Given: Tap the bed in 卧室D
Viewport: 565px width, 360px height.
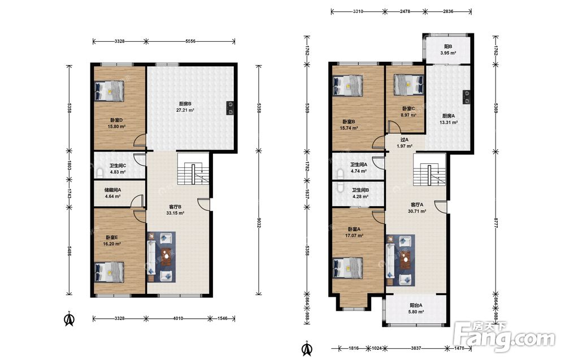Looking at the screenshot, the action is (x=110, y=90).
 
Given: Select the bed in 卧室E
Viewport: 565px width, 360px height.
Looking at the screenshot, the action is (x=110, y=272).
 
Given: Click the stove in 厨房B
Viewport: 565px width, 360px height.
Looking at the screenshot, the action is (x=229, y=108).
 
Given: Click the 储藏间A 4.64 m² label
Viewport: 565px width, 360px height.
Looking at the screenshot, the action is (x=113, y=193).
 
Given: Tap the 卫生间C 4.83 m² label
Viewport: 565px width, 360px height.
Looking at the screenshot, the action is (x=118, y=169).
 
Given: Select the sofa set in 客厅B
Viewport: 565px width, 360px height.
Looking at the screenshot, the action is (x=161, y=257).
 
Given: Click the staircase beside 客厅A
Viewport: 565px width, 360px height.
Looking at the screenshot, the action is (x=429, y=170).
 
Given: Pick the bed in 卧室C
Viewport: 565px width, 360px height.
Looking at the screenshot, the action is (x=408, y=85).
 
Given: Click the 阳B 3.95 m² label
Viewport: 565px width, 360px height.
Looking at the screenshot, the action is (x=448, y=50).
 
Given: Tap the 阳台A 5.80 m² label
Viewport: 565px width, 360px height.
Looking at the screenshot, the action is (x=416, y=309).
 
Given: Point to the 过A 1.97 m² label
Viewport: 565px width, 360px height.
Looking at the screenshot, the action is (x=405, y=143).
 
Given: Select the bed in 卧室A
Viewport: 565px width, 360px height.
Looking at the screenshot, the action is (x=348, y=268).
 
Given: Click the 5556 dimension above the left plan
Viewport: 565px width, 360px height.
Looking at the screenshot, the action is (x=190, y=41).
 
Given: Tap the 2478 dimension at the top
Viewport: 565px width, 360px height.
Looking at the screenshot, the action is (x=405, y=11).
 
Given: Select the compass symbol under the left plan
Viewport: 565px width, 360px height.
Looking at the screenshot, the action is (x=69, y=319).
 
